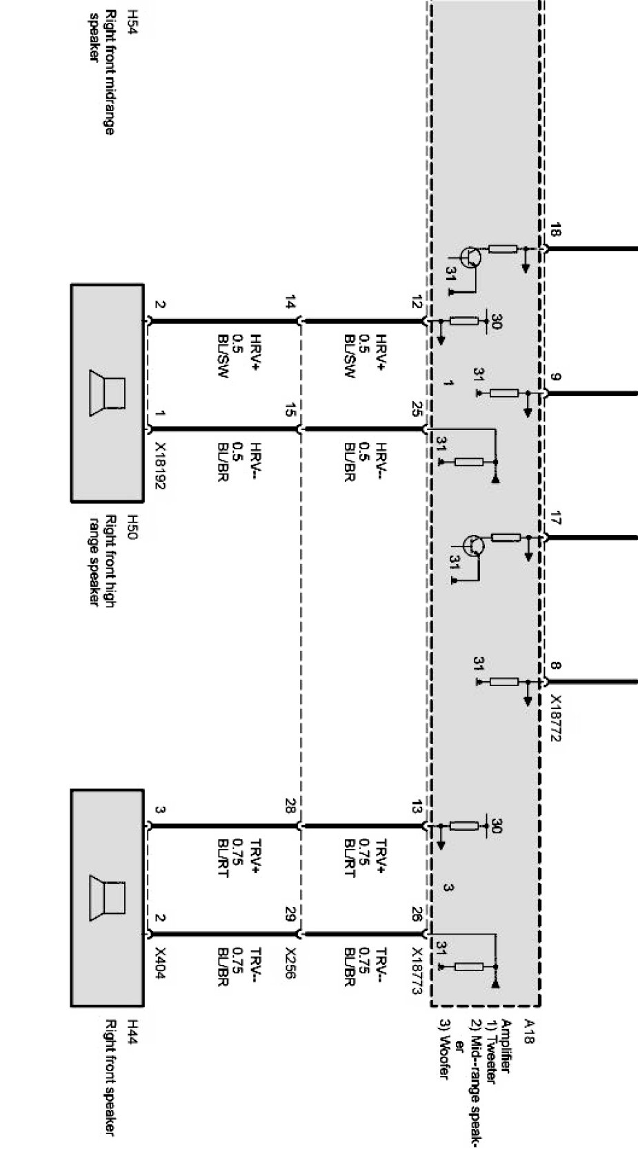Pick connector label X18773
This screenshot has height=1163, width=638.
pyautogui.click(x=417, y=970)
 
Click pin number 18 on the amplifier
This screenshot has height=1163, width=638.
pyautogui.click(x=556, y=231)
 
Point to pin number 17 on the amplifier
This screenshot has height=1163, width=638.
pyautogui.click(x=556, y=518)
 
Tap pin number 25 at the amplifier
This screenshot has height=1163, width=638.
pyautogui.click(x=416, y=413)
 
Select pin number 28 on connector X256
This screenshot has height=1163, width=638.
pyautogui.click(x=290, y=805)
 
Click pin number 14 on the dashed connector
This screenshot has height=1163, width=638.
pyautogui.click(x=290, y=302)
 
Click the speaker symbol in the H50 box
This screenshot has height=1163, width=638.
pyautogui.click(x=108, y=393)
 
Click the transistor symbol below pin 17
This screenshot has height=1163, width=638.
pyautogui.click(x=473, y=545)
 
